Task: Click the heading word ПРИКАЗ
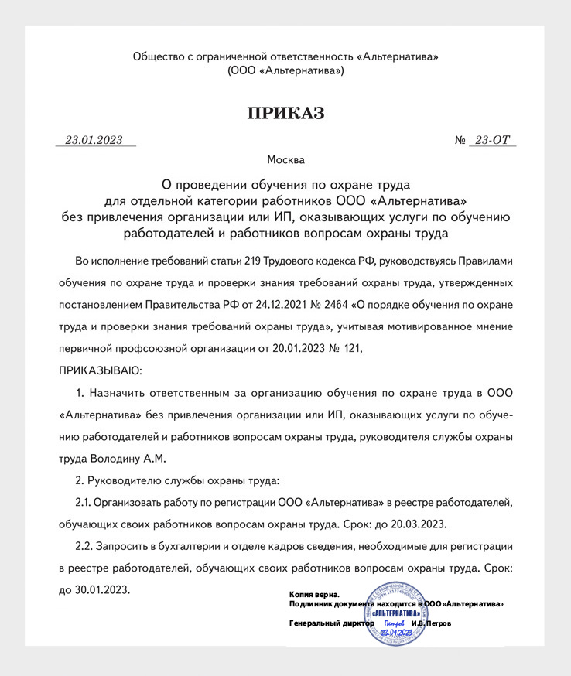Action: click(x=285, y=114)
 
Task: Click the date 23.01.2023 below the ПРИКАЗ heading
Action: click(x=94, y=140)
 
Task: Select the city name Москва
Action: click(x=285, y=160)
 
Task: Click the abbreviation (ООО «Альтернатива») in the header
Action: click(x=285, y=70)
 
